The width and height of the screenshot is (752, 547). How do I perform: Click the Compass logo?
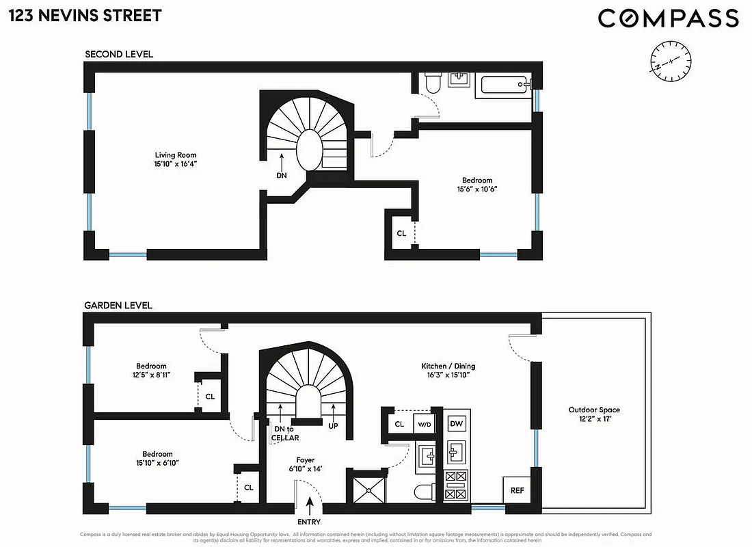[668, 18]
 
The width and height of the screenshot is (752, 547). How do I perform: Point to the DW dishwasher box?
[456, 424]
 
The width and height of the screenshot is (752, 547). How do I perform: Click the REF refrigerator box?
[518, 490]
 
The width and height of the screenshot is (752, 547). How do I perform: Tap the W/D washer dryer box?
[425, 425]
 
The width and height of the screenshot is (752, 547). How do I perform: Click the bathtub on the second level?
[505, 85]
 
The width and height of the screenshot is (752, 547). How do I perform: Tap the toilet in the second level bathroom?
[433, 84]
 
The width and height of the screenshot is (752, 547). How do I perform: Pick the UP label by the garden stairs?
[334, 425]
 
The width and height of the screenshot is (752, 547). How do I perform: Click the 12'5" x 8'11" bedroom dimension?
[151, 375]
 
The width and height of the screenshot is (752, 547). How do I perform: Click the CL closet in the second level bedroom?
[401, 233]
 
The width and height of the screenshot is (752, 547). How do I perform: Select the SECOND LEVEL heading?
[119, 54]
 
